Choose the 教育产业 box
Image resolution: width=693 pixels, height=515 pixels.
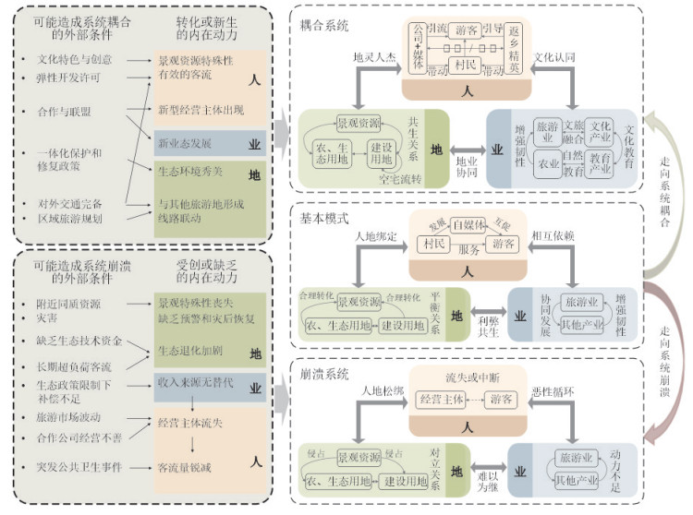pyautogui.click(x=602, y=163)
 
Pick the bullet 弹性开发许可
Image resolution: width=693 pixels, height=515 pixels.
pyautogui.click(x=68, y=78)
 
